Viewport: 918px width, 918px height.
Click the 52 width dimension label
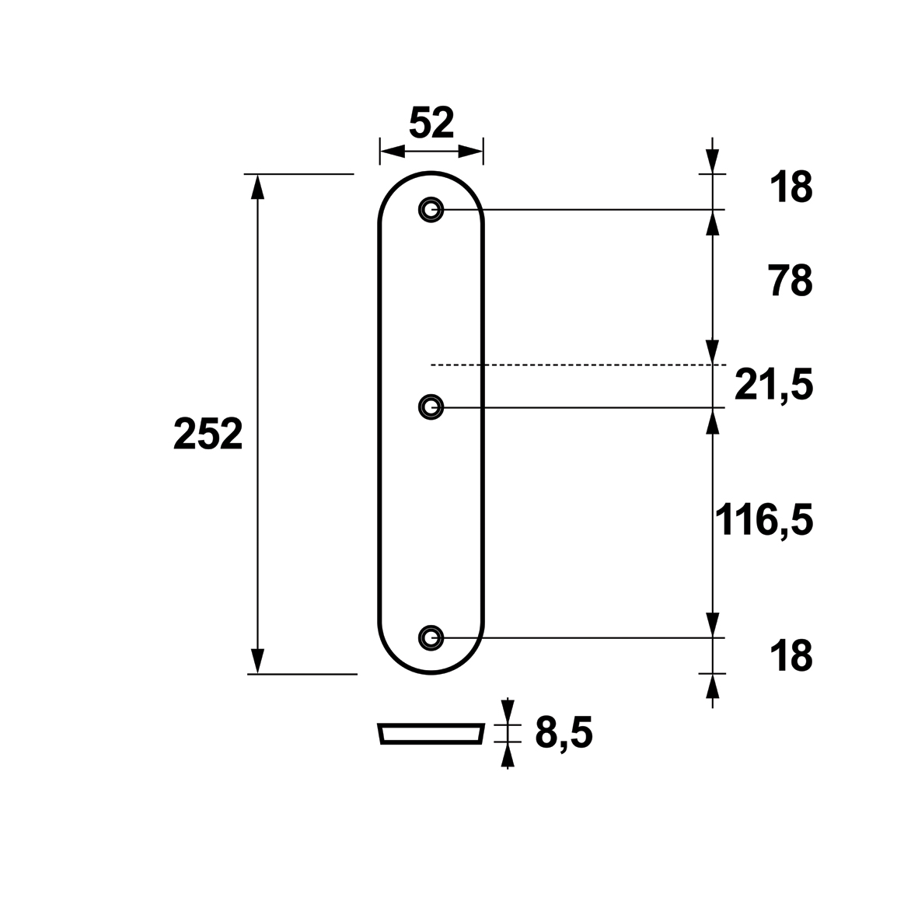pos(431,123)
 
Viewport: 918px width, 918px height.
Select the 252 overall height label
pos(208,434)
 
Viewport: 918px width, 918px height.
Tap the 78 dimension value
pos(791,281)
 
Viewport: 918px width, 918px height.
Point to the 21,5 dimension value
pos(774,386)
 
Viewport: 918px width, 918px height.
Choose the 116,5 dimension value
pos(764,520)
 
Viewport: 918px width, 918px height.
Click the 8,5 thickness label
pos(564,733)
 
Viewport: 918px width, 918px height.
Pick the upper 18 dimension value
pos(791,187)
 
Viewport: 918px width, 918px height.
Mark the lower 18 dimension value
pos(791,656)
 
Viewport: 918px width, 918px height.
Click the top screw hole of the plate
pos(431,209)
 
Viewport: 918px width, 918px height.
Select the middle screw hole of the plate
pos(431,407)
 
